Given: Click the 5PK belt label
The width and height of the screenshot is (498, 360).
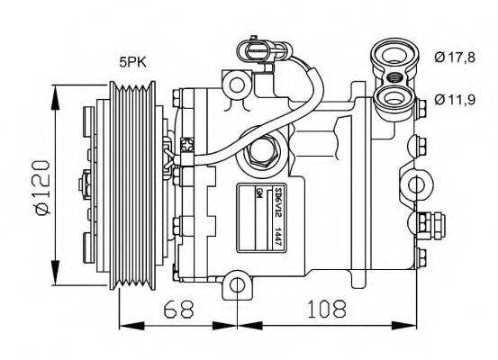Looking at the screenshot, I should [x=135, y=63].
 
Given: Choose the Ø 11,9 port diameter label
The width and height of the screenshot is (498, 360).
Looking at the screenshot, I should [x=453, y=97].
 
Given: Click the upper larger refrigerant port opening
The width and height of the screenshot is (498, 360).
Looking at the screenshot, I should [x=393, y=54].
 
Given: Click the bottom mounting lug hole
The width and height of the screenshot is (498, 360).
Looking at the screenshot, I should [x=237, y=286].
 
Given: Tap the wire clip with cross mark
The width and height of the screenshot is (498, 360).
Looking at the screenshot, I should [x=186, y=144].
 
